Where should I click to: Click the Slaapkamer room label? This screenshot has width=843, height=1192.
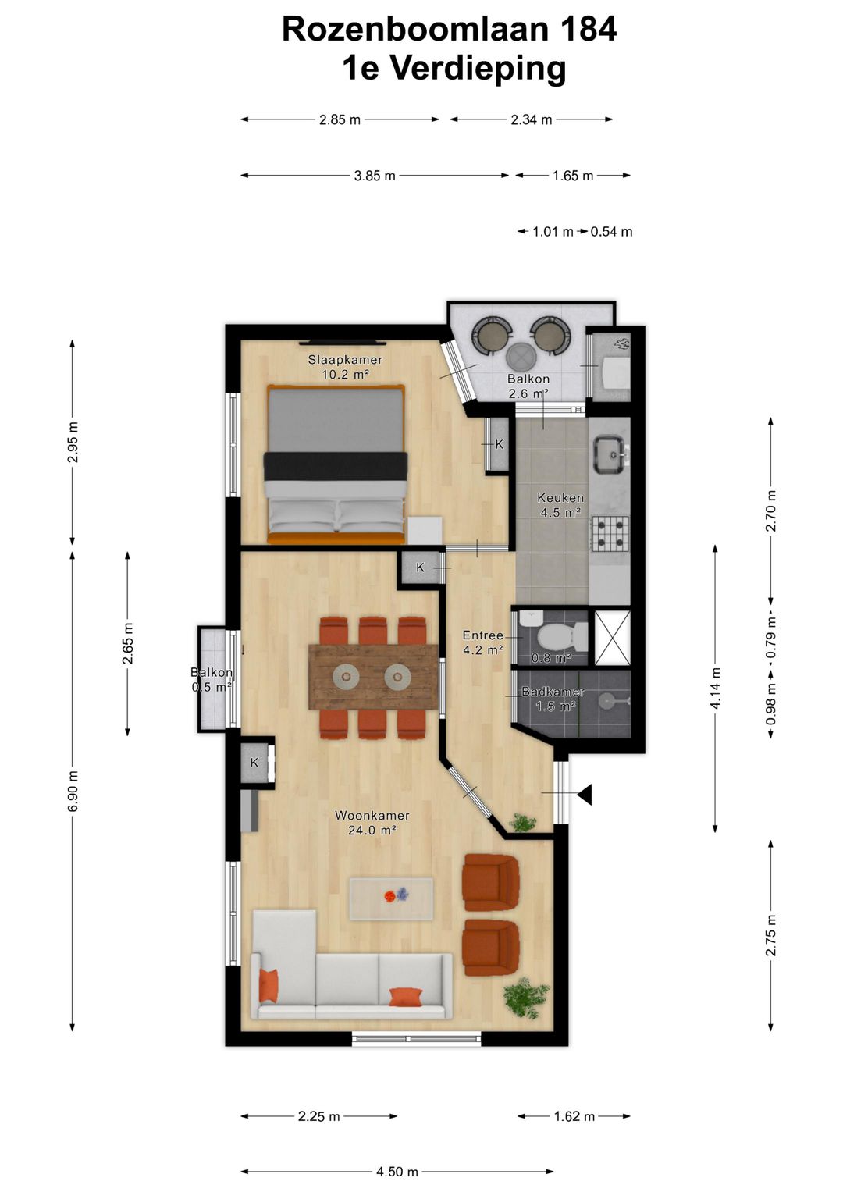pos(345,361)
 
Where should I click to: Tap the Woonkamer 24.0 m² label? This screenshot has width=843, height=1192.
pos(372,823)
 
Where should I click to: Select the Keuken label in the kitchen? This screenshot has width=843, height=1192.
pos(560,498)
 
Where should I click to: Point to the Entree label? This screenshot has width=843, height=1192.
pos(482,635)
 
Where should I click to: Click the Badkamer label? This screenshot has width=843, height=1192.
pos(553,692)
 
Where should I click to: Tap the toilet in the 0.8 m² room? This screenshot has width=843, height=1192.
pos(561,635)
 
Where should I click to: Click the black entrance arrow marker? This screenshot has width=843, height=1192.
pos(585,794)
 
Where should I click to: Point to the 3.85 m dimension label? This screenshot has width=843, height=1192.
pos(375,176)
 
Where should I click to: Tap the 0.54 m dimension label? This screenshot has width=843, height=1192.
pos(611,232)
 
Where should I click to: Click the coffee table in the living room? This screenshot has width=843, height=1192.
pos(391,898)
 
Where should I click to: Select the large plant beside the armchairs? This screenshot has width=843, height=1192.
pos(526,997)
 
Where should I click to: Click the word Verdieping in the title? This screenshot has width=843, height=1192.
pos(478,69)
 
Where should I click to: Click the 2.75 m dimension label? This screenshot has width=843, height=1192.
pos(771,935)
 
